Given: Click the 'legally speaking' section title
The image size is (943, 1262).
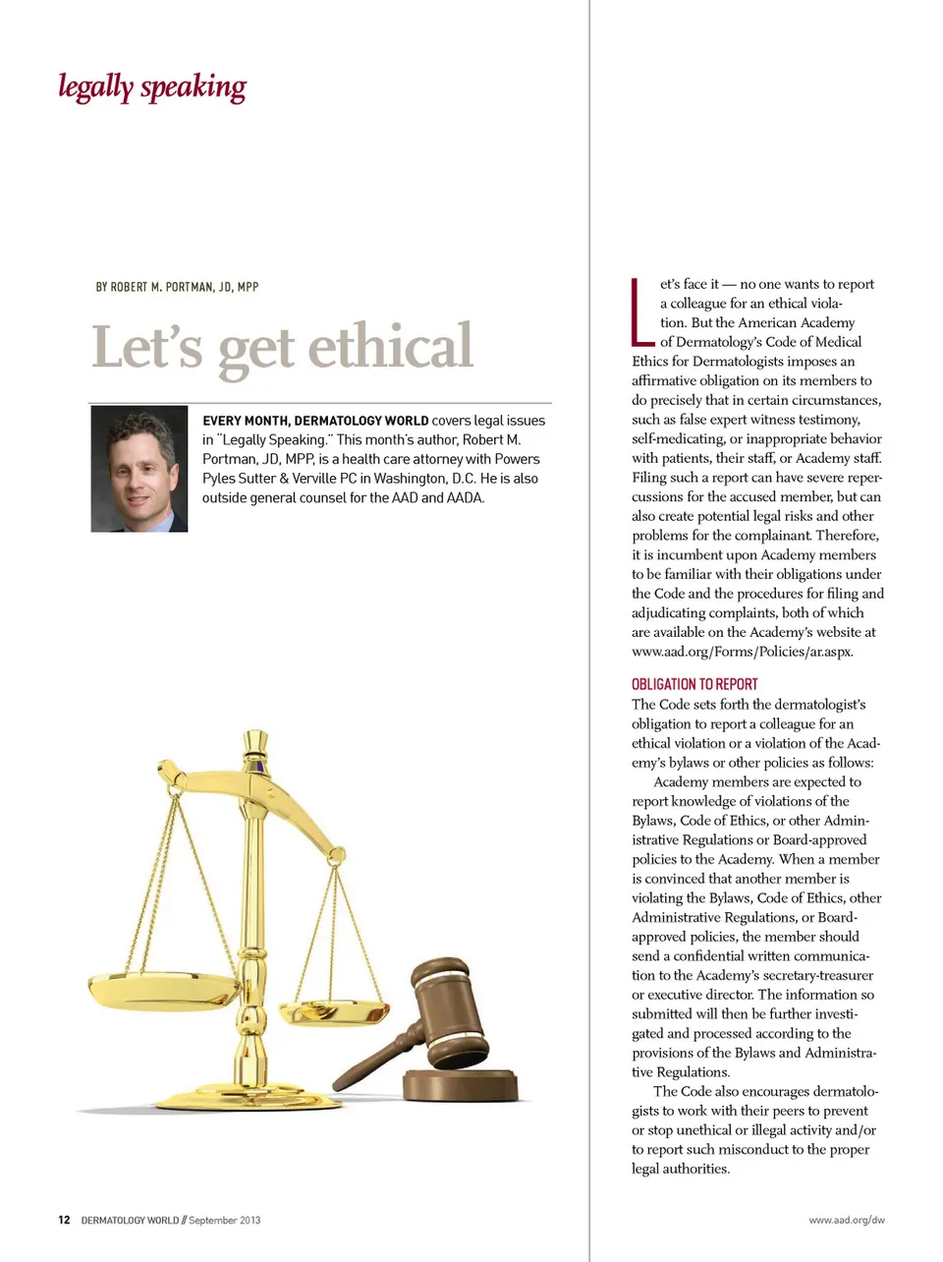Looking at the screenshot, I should click(152, 87).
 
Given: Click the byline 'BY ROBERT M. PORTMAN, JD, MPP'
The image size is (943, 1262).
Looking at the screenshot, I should click(177, 287).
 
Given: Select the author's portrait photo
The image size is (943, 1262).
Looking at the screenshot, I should click(139, 469).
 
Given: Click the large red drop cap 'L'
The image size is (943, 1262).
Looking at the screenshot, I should click(641, 314).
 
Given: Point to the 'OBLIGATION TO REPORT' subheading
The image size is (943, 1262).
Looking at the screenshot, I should click(694, 684).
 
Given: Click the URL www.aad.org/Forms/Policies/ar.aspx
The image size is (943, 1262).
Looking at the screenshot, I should click(742, 652).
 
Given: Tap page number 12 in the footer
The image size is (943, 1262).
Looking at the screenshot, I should click(64, 1220).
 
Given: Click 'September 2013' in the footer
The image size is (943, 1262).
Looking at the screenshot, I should click(225, 1220).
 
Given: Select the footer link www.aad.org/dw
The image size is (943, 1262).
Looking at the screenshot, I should click(846, 1220).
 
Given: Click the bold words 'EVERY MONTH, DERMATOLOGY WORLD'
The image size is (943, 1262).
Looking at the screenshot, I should click(315, 421).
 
